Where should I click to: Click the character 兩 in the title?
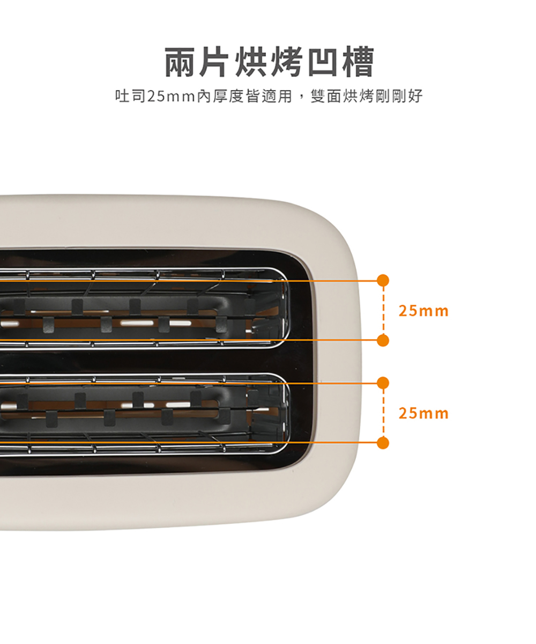pyautogui.click(x=181, y=61)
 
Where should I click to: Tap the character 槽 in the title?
pyautogui.click(x=358, y=61)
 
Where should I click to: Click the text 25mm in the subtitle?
pyautogui.click(x=172, y=96)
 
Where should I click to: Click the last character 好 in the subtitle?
pyautogui.click(x=415, y=96)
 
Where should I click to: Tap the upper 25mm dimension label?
pyautogui.click(x=423, y=311)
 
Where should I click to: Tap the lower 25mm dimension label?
pyautogui.click(x=423, y=413)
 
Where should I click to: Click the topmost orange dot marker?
pyautogui.click(x=383, y=281)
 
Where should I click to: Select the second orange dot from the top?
pyautogui.click(x=383, y=340)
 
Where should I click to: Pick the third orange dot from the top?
pyautogui.click(x=383, y=383)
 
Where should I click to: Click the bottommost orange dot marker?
pyautogui.click(x=383, y=443)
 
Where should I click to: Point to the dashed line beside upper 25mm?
pyautogui.click(x=383, y=310)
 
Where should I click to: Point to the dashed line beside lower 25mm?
pyautogui.click(x=383, y=413)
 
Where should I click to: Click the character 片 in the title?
pyautogui.click(x=214, y=61)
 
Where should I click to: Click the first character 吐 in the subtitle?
pyautogui.click(x=123, y=96)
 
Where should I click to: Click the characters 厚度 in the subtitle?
pyautogui.click(x=228, y=96)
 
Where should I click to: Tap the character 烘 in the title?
pyautogui.click(x=250, y=61)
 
